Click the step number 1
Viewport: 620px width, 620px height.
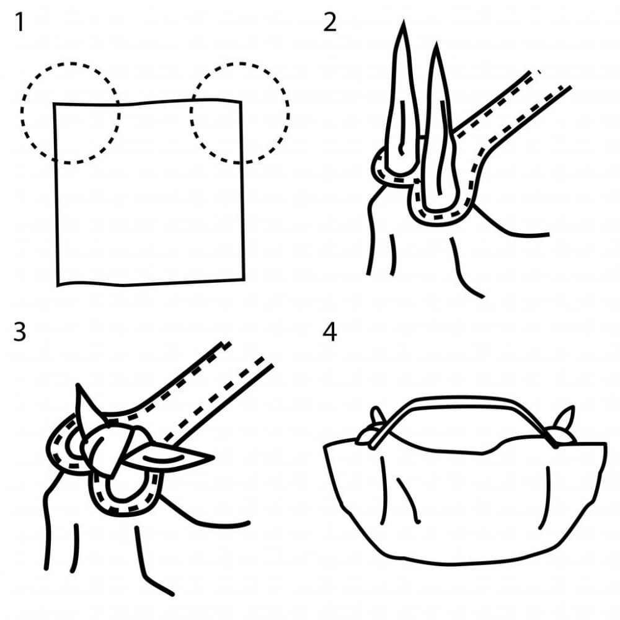(x=19, y=23)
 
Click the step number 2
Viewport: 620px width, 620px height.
(x=330, y=23)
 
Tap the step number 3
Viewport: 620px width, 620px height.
(x=19, y=332)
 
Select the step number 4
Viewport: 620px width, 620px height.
(x=330, y=332)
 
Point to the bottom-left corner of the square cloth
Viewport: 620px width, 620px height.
(x=58, y=285)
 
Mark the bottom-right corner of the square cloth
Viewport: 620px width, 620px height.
(x=244, y=280)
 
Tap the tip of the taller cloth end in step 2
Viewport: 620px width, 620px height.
(x=404, y=20)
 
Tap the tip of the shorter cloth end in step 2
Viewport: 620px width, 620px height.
(x=436, y=43)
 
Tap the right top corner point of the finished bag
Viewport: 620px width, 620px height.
(x=605, y=444)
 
